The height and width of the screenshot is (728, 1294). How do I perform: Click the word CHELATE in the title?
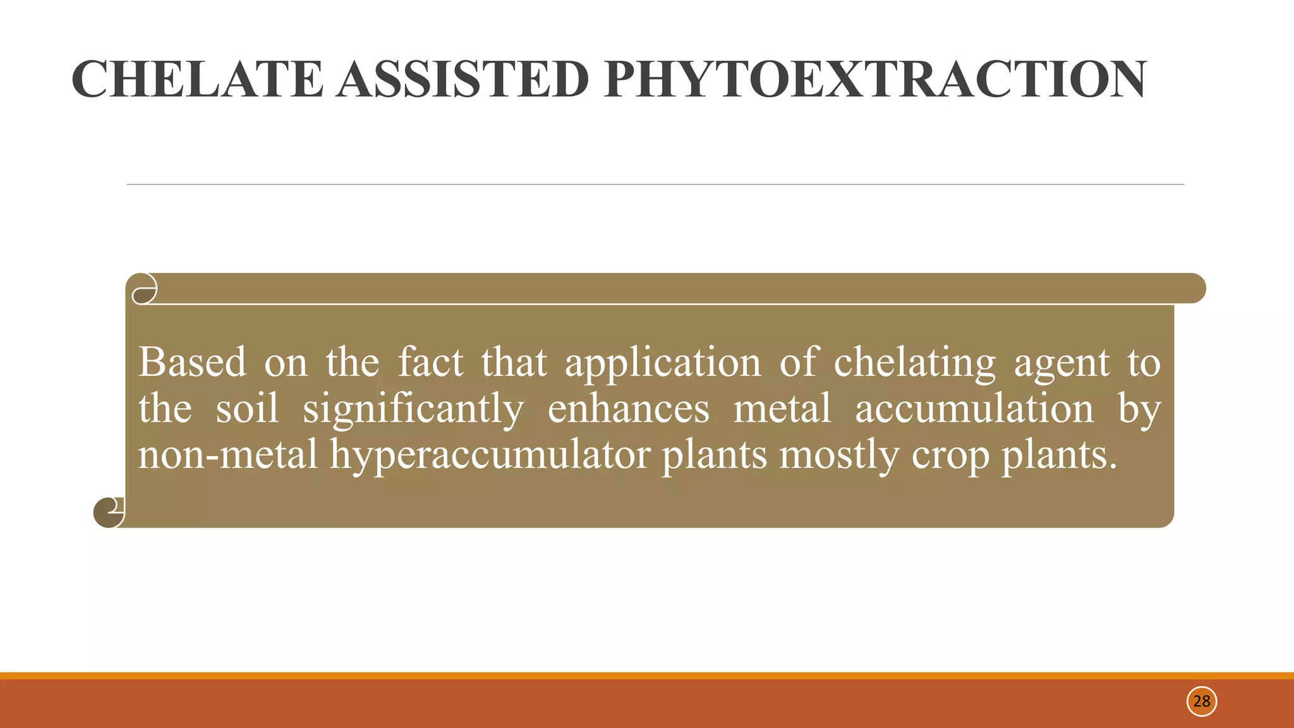click(197, 80)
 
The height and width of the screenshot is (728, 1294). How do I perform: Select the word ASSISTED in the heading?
click(463, 80)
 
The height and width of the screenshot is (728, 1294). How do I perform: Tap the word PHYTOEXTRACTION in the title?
click(874, 80)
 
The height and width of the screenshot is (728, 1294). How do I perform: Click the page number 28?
click(1201, 701)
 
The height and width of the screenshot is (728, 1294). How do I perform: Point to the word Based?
click(192, 362)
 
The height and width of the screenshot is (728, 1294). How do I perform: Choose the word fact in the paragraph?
click(430, 362)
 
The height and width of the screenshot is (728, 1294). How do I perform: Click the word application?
click(663, 363)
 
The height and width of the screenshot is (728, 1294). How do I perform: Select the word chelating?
click(914, 363)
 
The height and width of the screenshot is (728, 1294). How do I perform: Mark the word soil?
click(247, 408)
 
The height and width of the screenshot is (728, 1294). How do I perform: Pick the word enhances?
click(628, 408)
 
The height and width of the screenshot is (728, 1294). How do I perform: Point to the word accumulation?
click(974, 408)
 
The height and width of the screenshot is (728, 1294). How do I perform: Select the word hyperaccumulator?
click(490, 455)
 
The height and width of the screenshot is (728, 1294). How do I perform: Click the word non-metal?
click(228, 454)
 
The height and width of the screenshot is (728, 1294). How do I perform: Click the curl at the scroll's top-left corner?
click(145, 289)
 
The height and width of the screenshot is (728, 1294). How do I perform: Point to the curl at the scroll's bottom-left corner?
click(109, 512)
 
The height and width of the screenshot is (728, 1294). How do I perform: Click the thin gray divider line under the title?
click(655, 185)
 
